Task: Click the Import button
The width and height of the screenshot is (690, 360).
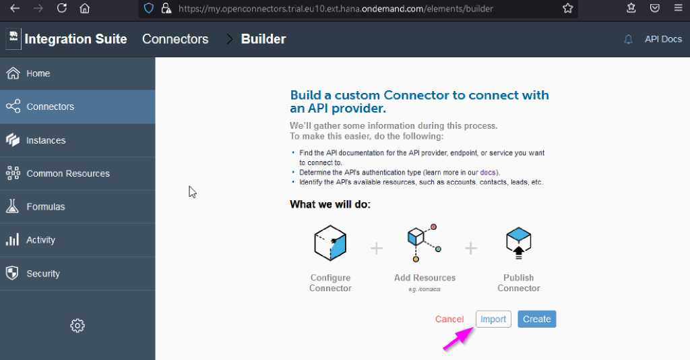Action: (x=493, y=319)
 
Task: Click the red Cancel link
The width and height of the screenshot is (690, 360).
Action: (x=449, y=319)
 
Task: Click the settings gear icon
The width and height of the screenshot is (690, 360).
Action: (x=77, y=326)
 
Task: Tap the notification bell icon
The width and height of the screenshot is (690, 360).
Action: (x=629, y=39)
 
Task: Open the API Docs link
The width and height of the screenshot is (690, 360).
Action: (x=663, y=39)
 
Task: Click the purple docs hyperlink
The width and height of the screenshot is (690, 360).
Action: (x=488, y=173)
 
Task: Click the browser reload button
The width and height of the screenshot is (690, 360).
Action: (x=61, y=8)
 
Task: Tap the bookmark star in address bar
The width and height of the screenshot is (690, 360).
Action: (x=567, y=8)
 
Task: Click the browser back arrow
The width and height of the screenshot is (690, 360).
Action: (x=15, y=8)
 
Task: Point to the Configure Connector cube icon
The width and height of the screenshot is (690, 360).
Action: (x=330, y=243)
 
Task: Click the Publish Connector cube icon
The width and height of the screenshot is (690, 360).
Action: (x=518, y=243)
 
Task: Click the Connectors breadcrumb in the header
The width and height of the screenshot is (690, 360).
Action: (x=175, y=39)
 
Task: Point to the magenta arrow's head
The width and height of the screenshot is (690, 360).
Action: (x=474, y=328)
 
